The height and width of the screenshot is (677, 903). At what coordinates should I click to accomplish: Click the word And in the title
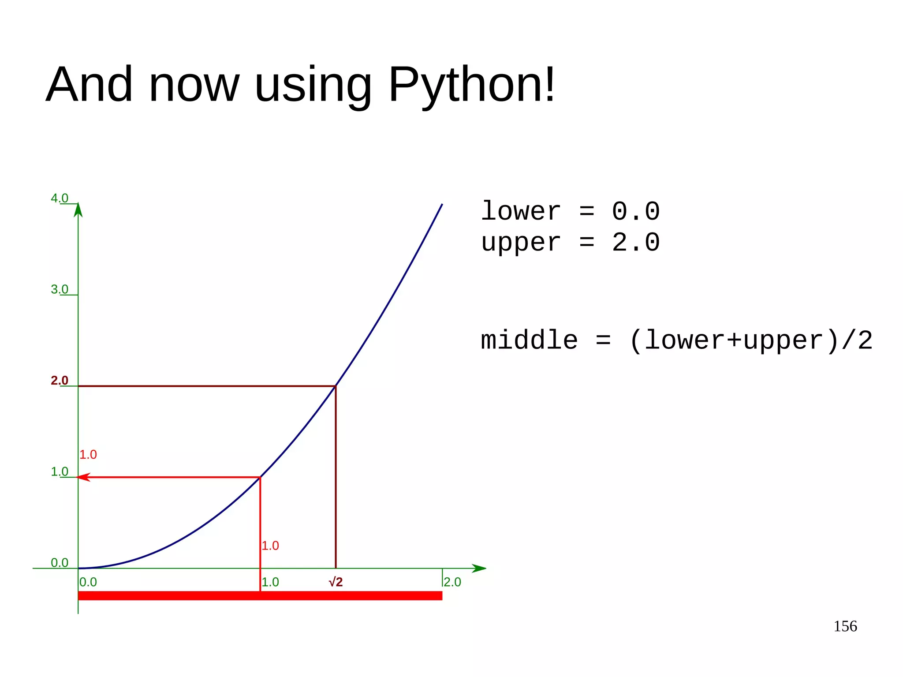point(89,85)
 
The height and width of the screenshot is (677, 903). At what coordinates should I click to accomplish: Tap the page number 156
point(845,626)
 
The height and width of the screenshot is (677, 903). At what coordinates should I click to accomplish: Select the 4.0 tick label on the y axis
point(60,198)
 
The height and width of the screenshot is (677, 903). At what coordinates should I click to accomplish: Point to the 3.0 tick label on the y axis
point(60,289)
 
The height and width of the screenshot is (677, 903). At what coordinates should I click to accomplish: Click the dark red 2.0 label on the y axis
point(60,380)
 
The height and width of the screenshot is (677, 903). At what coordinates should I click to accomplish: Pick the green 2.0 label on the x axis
point(452,582)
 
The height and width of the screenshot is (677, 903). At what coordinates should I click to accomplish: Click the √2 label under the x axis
point(336,582)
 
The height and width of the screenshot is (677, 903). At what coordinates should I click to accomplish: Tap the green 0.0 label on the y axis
point(60,563)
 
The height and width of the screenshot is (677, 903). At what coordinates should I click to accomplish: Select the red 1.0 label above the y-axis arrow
point(88,455)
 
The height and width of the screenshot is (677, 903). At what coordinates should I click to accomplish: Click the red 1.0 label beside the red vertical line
point(270,546)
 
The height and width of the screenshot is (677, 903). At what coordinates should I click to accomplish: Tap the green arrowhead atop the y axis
point(78,210)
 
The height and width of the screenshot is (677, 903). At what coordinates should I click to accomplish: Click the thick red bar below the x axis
point(260,596)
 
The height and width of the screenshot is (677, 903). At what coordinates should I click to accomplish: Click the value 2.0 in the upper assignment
point(635,243)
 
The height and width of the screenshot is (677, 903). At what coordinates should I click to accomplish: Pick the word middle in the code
point(529,340)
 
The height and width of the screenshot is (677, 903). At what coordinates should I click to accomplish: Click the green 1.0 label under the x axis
point(270,582)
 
